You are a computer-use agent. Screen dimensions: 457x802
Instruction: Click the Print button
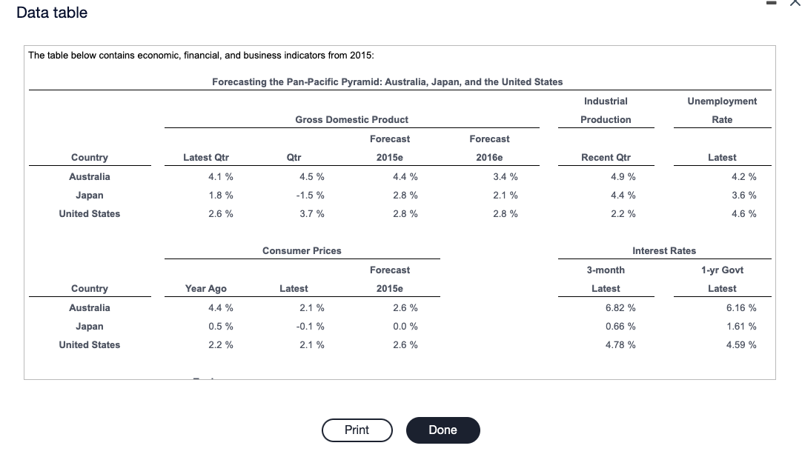click(357, 430)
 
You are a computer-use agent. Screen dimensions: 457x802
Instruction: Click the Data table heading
click(52, 13)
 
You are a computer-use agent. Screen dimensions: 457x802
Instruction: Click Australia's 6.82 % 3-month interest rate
click(620, 308)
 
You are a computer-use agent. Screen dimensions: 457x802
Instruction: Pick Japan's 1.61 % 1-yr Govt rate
click(741, 327)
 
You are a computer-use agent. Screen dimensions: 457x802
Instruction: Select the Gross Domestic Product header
click(351, 119)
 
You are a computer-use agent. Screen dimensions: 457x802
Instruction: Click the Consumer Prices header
click(302, 251)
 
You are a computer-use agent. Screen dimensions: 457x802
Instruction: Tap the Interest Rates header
click(663, 251)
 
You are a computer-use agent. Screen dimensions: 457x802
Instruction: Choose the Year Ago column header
click(206, 289)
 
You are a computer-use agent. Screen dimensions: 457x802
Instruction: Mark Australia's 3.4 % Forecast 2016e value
click(505, 177)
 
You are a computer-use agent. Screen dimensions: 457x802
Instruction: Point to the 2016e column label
click(489, 158)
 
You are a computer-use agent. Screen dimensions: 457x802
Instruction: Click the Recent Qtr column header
click(606, 158)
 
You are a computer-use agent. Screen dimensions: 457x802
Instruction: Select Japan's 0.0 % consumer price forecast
click(405, 327)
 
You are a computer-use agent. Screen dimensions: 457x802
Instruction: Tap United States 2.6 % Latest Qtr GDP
click(220, 214)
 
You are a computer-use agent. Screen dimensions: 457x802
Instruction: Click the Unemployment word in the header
click(722, 101)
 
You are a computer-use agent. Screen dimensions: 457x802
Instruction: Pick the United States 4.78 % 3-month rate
click(620, 345)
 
